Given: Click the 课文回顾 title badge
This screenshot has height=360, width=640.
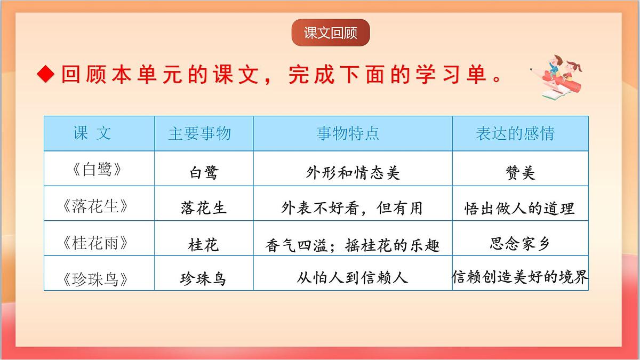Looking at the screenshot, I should [330, 33].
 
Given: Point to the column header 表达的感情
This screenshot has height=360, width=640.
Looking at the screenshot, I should [515, 133].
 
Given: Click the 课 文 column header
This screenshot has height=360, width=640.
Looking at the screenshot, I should [92, 133].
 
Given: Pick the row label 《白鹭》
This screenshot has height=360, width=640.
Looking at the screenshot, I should [95, 170].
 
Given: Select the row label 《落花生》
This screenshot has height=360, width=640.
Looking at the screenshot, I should [95, 206].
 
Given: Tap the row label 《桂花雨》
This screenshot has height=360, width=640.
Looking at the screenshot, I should [95, 243].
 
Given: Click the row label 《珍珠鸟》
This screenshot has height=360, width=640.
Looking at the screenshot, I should [95, 279].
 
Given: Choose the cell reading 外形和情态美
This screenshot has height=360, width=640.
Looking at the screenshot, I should [353, 172].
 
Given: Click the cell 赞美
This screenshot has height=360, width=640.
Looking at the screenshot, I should [520, 173].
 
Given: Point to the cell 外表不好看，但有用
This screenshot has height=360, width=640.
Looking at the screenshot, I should [352, 208].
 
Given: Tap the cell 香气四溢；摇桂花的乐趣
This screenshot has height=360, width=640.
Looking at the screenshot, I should [353, 245].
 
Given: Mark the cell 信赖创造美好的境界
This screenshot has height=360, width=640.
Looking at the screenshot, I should [520, 277].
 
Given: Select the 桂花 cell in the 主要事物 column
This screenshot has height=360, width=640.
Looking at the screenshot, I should [203, 245].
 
